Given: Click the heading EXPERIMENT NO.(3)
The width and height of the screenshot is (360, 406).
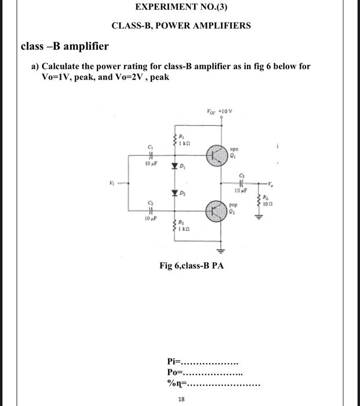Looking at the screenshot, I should pos(181,8).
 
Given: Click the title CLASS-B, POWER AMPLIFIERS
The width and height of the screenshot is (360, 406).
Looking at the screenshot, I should pos(181,26).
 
